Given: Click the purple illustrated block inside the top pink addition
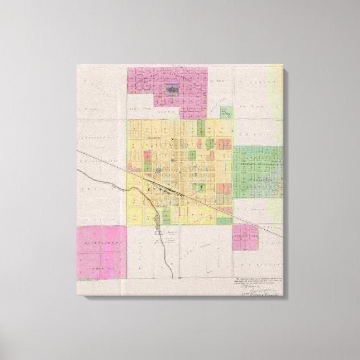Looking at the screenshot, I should click(x=171, y=89).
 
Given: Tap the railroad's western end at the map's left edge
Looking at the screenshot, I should click(x=78, y=151).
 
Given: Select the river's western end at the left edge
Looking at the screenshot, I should click(x=78, y=170).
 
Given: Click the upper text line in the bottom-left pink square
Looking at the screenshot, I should click(x=101, y=244).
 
